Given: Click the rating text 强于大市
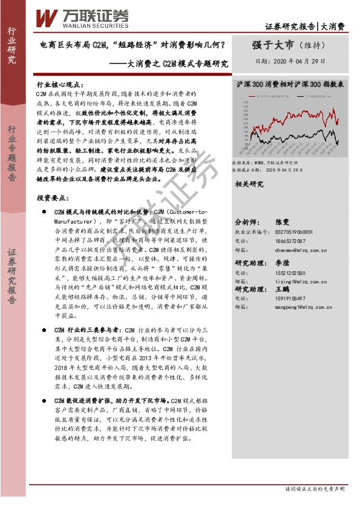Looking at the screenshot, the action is [272, 45].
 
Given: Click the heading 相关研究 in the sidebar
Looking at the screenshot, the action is [249, 184].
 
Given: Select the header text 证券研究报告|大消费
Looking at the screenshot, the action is [305, 27].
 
